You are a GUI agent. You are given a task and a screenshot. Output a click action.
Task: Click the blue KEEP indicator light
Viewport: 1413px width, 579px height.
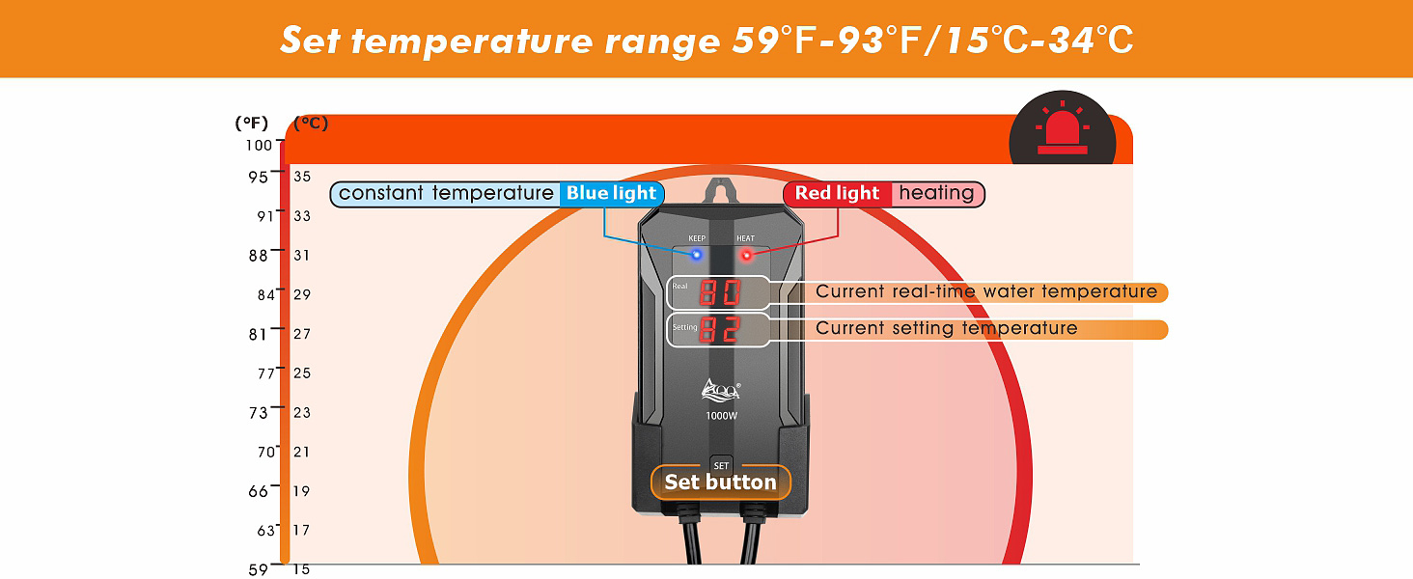click(696, 256)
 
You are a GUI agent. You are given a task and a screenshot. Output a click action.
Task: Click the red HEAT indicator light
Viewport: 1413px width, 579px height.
click(745, 256)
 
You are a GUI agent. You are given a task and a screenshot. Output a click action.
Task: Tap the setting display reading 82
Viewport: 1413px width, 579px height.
click(720, 330)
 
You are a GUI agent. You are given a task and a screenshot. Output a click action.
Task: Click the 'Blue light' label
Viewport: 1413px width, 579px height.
click(611, 193)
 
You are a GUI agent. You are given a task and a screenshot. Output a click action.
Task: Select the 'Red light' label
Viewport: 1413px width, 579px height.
click(837, 193)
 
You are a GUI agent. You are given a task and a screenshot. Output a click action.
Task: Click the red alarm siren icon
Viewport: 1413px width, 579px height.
click(1062, 135)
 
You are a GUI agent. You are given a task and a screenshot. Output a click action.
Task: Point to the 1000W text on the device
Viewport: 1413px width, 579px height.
click(720, 415)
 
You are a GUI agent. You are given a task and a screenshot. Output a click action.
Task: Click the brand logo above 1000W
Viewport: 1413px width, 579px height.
click(720, 389)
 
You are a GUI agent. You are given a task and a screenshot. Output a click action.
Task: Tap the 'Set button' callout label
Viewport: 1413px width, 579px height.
click(720, 482)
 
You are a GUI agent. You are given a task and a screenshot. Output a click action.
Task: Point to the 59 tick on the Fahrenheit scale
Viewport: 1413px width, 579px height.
click(259, 568)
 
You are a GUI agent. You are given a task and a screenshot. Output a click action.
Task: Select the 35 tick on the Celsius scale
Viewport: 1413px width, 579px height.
click(302, 177)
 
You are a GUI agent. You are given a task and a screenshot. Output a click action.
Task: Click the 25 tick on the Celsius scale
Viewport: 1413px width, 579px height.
click(302, 372)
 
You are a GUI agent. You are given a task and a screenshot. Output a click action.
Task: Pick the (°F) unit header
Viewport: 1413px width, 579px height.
click(252, 124)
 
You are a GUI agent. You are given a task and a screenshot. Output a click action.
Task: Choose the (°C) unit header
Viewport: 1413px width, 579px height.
click(311, 124)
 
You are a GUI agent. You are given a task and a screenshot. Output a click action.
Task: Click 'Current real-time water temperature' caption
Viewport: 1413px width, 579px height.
click(986, 291)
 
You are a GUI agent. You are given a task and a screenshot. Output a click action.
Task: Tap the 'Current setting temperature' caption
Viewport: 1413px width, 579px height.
click(946, 328)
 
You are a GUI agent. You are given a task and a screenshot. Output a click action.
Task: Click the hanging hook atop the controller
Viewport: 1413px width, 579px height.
click(719, 190)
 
